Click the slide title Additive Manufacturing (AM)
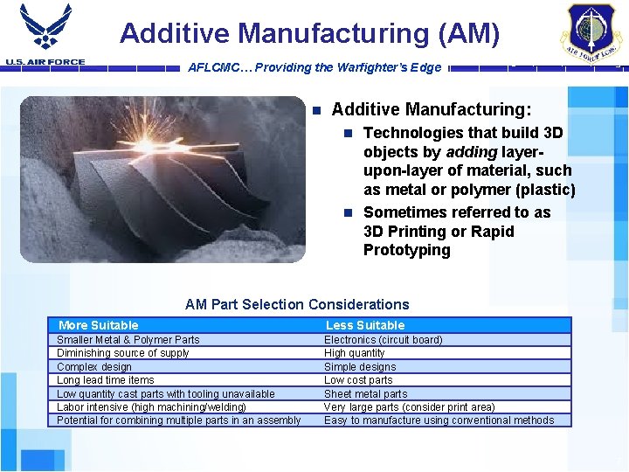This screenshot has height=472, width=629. [310, 33]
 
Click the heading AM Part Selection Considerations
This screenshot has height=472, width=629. [297, 304]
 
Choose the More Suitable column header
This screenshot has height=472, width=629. [99, 325]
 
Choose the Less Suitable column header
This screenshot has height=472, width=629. [365, 325]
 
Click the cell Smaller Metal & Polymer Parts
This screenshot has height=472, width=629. [128, 340]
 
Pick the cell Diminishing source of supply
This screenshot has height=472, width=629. [122, 353]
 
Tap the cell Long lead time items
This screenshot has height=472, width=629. [105, 380]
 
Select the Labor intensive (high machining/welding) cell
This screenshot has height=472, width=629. [151, 406]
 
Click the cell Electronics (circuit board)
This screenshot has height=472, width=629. [383, 340]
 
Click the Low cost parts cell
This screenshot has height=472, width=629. [358, 380]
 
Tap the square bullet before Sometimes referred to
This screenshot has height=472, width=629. [348, 212]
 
